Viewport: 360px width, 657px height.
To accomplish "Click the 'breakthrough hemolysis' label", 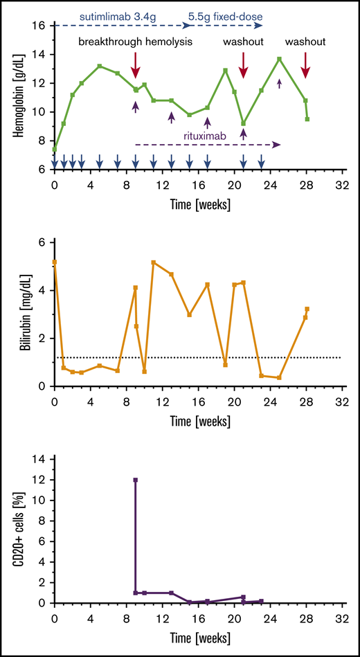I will [136, 42].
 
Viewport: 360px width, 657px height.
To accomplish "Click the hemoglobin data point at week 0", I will [55, 149].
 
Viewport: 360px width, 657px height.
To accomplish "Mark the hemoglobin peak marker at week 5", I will [100, 66].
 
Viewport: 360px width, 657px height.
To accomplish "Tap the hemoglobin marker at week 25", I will [280, 59].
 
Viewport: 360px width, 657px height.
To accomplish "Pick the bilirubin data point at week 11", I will [154, 262].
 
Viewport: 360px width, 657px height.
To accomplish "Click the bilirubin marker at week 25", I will [280, 377].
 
